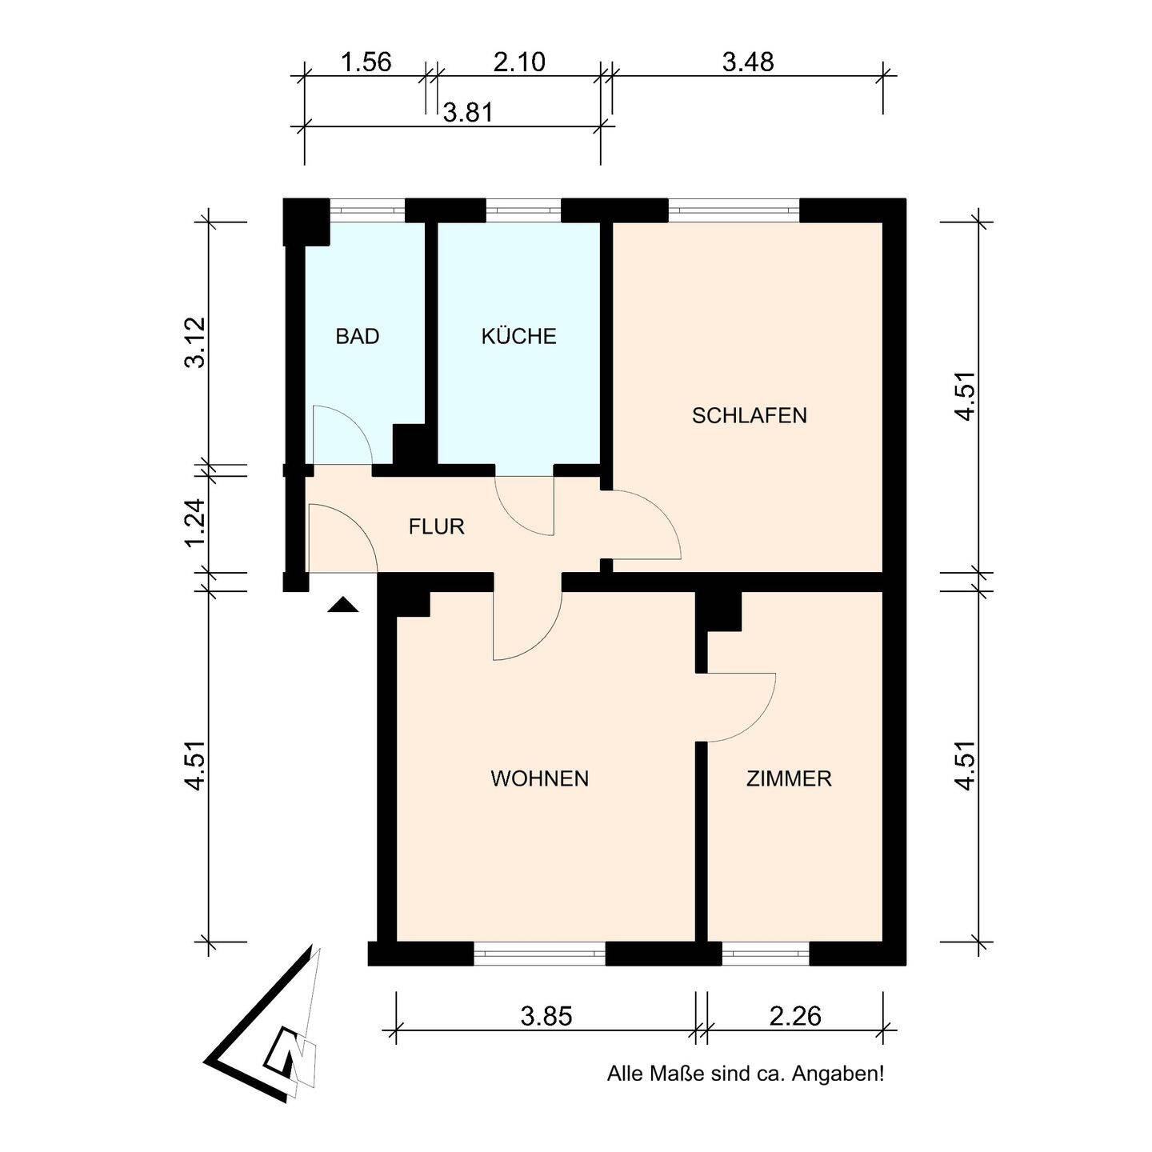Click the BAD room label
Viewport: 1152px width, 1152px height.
(357, 337)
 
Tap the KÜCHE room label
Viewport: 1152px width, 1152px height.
(518, 336)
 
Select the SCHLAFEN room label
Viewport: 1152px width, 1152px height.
(749, 415)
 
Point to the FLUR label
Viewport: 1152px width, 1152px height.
(437, 526)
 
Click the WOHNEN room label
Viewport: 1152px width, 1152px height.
(539, 779)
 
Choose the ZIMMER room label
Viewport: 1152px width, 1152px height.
(789, 779)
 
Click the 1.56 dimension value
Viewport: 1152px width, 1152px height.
(366, 62)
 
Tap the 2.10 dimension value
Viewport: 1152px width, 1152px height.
(519, 62)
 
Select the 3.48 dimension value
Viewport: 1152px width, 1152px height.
(748, 62)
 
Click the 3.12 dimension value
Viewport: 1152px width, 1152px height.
(195, 342)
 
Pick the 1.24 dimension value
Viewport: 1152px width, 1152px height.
(195, 523)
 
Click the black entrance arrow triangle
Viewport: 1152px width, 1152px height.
(342, 605)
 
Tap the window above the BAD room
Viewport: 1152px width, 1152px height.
(367, 210)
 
